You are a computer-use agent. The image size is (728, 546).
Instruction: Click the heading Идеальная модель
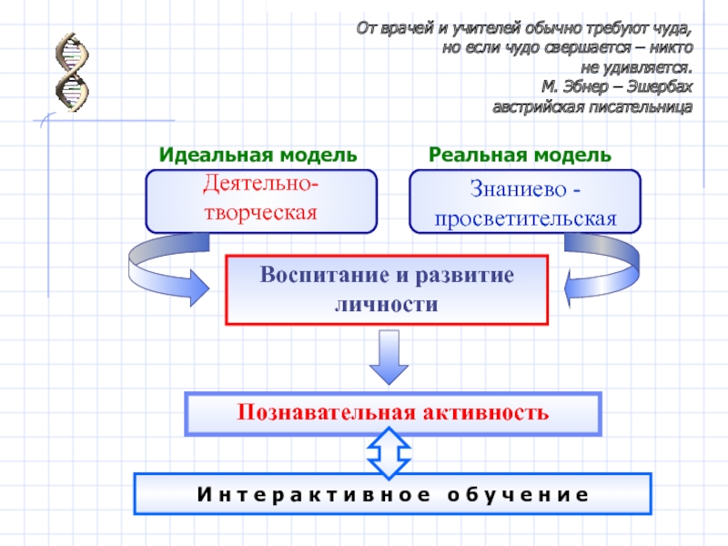pos(258,154)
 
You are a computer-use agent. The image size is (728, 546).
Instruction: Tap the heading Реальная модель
pos(521,154)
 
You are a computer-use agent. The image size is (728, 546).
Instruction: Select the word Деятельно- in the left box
pos(260,186)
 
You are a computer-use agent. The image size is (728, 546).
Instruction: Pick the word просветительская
pos(525,219)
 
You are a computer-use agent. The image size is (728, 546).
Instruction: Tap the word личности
pos(387,304)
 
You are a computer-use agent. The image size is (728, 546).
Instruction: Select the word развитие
pos(462,275)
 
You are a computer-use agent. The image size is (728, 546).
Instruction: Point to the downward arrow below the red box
pos(389,358)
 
